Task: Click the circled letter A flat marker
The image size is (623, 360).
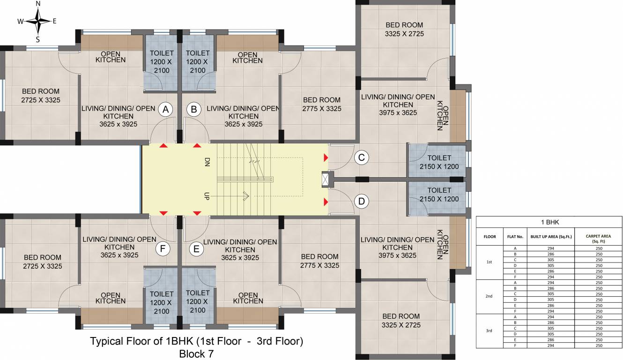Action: click(164, 109)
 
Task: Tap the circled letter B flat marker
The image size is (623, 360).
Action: click(193, 109)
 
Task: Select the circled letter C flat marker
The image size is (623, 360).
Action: click(361, 157)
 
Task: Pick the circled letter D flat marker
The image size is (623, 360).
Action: click(361, 202)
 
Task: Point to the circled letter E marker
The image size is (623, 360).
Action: click(196, 249)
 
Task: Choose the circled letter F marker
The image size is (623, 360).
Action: click(163, 249)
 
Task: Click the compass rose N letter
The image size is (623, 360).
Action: click(38, 4)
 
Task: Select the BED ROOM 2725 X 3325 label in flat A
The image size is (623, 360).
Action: click(41, 96)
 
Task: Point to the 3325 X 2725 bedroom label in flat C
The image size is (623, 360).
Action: click(404, 30)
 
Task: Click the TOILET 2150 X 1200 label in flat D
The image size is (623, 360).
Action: click(439, 195)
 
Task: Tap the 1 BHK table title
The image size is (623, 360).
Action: click(549, 223)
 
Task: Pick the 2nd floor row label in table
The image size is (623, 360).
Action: click(489, 296)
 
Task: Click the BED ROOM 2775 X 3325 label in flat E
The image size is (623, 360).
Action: click(320, 261)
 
